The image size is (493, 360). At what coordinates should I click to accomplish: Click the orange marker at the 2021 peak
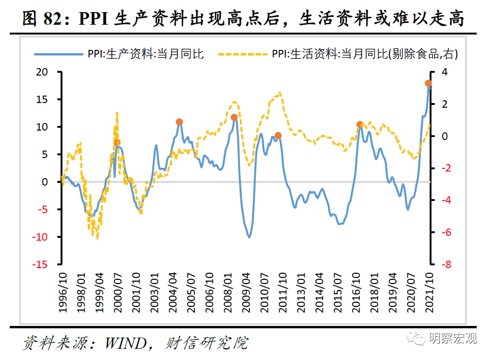click(x=428, y=83)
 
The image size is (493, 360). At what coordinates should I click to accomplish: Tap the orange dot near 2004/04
click(x=179, y=122)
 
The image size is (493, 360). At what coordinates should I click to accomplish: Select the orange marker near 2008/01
click(x=234, y=118)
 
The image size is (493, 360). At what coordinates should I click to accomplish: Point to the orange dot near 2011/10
click(x=278, y=136)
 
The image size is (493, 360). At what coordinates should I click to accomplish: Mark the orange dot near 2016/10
click(x=360, y=125)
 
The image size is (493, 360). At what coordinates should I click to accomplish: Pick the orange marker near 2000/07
click(x=117, y=143)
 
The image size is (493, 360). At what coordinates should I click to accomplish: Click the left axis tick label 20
click(x=42, y=72)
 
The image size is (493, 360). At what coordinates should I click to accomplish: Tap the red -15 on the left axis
click(x=40, y=264)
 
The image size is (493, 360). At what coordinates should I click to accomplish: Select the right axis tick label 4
click(x=444, y=72)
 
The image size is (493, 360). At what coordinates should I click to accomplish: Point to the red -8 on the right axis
click(x=446, y=264)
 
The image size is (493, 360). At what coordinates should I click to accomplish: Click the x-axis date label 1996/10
click(x=63, y=293)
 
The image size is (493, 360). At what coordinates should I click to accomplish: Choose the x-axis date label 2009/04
click(x=246, y=293)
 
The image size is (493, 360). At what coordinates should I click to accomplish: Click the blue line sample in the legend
click(x=59, y=55)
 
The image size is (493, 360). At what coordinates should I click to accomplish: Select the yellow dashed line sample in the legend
click(x=243, y=55)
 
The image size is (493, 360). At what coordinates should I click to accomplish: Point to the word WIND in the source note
click(x=126, y=343)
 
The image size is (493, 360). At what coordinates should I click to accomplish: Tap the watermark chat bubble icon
click(x=416, y=338)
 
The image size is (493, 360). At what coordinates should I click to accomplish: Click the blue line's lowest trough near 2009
click(x=249, y=237)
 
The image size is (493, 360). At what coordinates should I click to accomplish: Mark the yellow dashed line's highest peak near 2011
click(x=280, y=93)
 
